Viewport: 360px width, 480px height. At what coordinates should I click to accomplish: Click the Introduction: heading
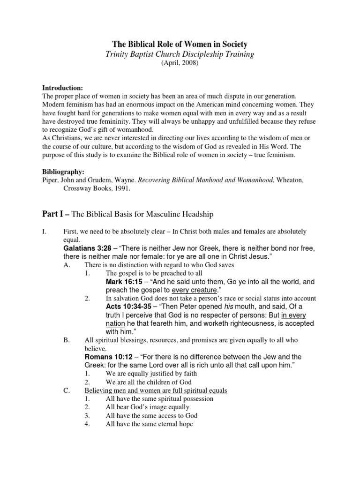click(63, 88)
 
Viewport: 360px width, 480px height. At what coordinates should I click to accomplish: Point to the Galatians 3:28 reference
click(87, 248)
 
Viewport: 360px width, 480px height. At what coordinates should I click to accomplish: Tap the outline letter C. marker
click(66, 390)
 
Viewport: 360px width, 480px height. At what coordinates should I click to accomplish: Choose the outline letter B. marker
click(66, 340)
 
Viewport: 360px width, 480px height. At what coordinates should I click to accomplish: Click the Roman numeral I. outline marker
click(45, 232)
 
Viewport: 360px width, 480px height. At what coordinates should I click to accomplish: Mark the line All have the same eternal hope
click(149, 424)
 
